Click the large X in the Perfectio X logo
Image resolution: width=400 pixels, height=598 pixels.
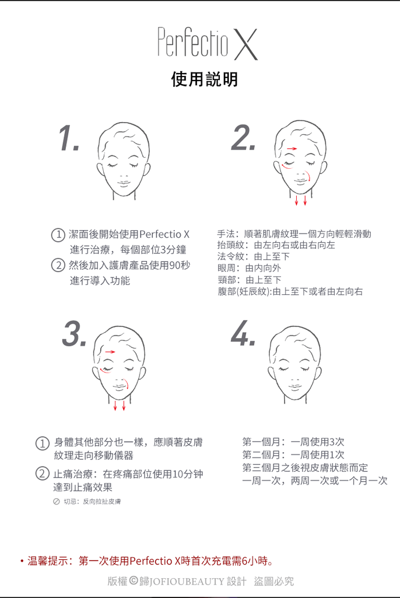[x=245, y=44]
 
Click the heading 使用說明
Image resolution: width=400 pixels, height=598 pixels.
[x=205, y=79]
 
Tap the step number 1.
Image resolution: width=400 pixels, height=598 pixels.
[x=69, y=138]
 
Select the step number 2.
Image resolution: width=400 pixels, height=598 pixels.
[x=243, y=137]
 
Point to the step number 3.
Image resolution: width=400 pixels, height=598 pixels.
[x=74, y=333]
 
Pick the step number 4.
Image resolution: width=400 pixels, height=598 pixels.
[x=243, y=333]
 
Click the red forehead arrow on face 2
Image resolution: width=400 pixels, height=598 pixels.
[x=292, y=148]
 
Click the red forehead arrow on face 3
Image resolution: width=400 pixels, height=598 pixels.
[x=110, y=352]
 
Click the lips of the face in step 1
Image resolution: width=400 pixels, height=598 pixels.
[x=124, y=183]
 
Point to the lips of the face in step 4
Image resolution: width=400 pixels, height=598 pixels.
[x=295, y=387]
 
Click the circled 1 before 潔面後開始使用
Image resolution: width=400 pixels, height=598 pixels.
[x=58, y=234]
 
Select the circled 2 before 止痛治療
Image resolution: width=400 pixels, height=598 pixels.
[x=43, y=474]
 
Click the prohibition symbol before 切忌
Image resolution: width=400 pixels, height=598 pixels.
[x=57, y=502]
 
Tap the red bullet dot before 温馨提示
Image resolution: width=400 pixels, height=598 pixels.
[x=22, y=561]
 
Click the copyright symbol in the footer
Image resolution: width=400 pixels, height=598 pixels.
[x=134, y=581]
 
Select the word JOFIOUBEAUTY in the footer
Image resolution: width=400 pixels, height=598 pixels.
[x=187, y=582]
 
